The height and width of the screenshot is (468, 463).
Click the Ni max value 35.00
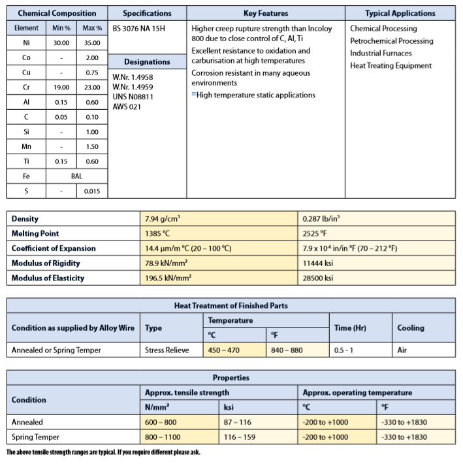click(92, 42)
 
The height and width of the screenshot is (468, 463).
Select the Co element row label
click(26, 58)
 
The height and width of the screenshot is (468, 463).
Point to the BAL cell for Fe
click(77, 176)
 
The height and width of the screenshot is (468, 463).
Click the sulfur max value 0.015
click(92, 191)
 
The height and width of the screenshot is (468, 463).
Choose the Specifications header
click(147, 13)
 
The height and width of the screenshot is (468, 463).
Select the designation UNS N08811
click(135, 97)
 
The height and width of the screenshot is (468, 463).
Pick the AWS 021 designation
click(127, 107)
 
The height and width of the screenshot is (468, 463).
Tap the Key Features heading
click(265, 13)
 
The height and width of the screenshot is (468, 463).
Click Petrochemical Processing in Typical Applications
click(391, 41)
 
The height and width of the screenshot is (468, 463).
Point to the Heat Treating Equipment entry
click(391, 65)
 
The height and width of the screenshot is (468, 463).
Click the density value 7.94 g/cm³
click(163, 219)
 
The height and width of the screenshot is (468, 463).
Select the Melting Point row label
click(35, 233)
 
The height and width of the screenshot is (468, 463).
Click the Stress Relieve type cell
click(167, 350)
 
